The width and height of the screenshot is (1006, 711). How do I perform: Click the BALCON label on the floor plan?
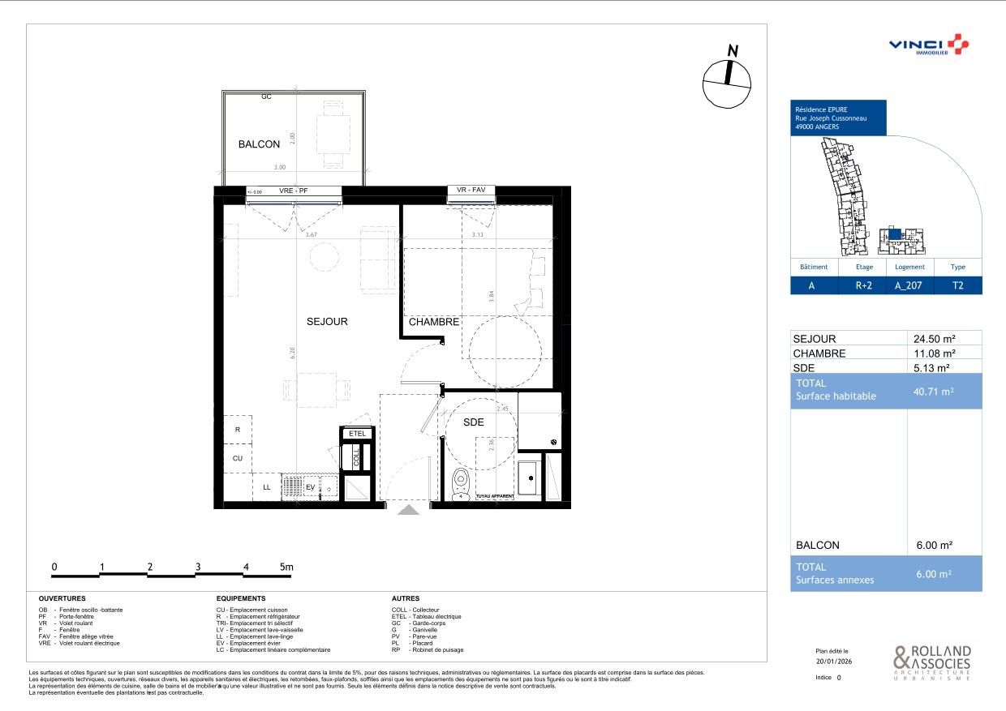coord(259,144)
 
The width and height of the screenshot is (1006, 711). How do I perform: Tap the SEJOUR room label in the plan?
coord(327,322)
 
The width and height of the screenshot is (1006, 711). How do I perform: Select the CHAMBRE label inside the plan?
coord(434,322)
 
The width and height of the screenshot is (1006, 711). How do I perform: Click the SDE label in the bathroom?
coord(474,422)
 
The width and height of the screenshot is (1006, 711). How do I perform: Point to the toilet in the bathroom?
coord(461,483)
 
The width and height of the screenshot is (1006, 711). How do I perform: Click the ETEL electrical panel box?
coord(357,434)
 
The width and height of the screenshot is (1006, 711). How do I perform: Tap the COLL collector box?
coord(356,457)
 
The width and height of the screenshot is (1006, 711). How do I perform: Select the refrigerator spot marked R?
coord(237,430)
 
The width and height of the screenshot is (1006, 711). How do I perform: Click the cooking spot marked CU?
coord(237,459)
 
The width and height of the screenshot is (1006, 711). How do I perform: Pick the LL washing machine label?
coord(267,487)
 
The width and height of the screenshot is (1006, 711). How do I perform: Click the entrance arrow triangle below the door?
coord(408,510)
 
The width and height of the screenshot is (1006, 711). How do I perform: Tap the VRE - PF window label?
coord(294,191)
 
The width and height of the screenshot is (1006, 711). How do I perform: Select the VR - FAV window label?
coord(471,191)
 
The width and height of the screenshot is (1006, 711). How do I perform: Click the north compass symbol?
coord(727,79)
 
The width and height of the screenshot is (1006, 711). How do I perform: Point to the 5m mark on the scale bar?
coord(286,568)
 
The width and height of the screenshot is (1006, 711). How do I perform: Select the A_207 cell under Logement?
coord(909,286)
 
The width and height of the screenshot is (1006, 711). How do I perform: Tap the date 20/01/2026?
coord(832,661)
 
